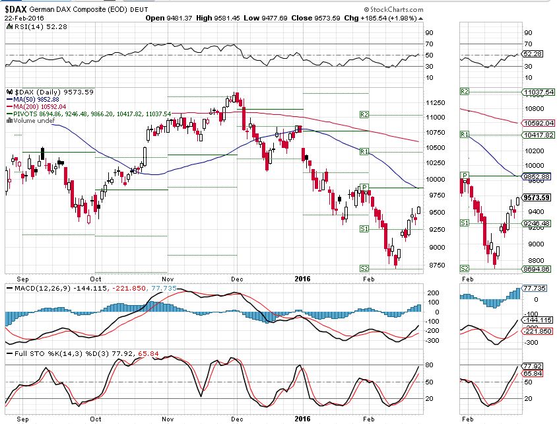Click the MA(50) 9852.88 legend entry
pos(37,100)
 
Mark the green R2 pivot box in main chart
pos(363,115)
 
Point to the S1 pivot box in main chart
pos(363,229)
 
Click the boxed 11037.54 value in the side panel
pos(537,92)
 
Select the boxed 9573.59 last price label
pos(537,197)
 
